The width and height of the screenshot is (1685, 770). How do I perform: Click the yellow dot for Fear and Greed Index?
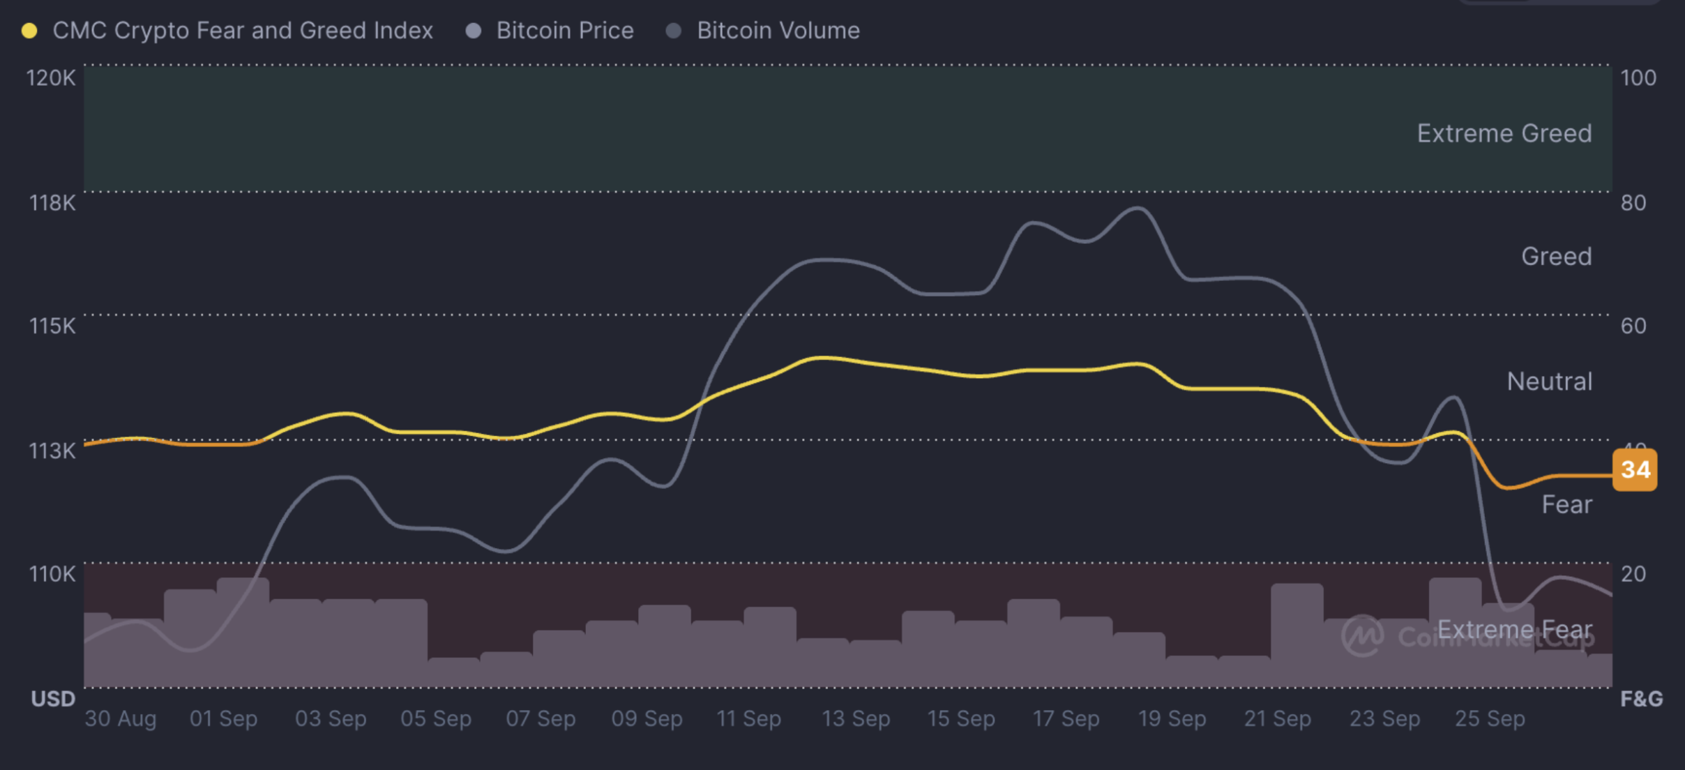(29, 31)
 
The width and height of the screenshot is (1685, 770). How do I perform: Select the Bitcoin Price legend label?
(564, 31)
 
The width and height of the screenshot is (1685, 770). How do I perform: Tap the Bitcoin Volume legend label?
(778, 31)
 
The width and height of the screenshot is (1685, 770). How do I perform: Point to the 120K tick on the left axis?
(50, 77)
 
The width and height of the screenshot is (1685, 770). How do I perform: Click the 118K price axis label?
(52, 203)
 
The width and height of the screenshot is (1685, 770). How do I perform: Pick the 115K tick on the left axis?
(52, 326)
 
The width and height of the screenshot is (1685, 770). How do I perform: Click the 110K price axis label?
(52, 574)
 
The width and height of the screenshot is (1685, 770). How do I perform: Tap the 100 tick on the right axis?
(1638, 77)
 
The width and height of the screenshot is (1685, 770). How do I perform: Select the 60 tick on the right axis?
(1633, 326)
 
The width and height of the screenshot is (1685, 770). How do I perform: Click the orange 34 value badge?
(1635, 469)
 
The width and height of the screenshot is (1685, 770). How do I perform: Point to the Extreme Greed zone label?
(1504, 133)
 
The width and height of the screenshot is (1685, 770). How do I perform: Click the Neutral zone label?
(1549, 382)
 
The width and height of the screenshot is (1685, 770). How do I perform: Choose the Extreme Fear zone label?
(1515, 629)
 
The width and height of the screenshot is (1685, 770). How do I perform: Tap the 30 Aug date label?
(120, 718)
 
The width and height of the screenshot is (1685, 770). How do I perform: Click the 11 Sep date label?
(748, 718)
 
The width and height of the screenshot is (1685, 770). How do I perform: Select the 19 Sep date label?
(1172, 718)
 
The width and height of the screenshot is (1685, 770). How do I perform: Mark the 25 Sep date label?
(1490, 718)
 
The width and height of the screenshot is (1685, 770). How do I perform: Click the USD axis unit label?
(53, 699)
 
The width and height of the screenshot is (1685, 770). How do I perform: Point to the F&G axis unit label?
(1641, 699)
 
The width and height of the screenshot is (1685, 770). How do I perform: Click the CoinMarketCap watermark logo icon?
(1362, 635)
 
